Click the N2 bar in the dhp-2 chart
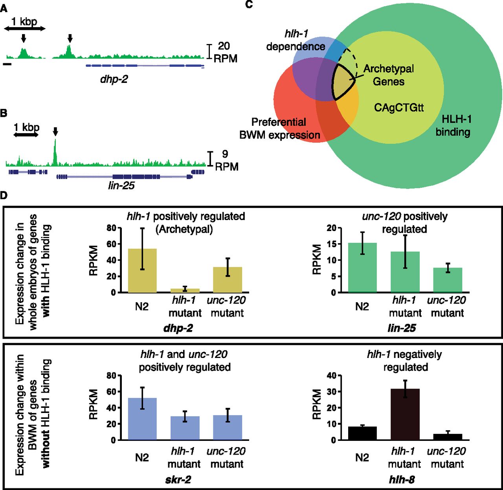[x=142, y=271]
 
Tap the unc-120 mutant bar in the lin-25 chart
[x=448, y=280]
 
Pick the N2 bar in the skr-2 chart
[x=142, y=419]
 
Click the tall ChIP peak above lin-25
[x=55, y=152]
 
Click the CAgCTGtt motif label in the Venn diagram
[x=398, y=108]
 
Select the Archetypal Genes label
[x=389, y=75]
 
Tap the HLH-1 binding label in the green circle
[x=453, y=126]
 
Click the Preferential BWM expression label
[x=279, y=128]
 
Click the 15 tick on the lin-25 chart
[x=332, y=244]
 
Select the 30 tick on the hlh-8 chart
[x=332, y=391]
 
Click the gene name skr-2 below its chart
[x=178, y=480]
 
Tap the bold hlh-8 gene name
[x=402, y=480]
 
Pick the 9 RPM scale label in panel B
[x=226, y=160]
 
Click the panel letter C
[x=249, y=4]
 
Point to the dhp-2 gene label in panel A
[x=114, y=79]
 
